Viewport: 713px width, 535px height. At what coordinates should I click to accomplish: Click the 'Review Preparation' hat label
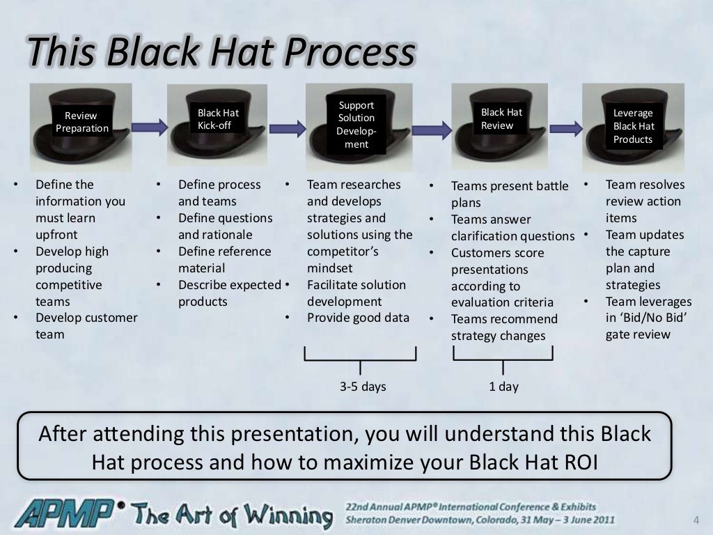point(82,122)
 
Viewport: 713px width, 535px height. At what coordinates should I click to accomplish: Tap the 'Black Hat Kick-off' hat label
point(218,119)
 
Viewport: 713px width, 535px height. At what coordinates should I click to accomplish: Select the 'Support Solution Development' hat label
point(356,125)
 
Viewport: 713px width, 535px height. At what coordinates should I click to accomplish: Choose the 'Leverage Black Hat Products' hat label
point(633,126)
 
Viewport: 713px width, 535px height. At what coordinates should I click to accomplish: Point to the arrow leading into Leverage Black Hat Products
point(566,127)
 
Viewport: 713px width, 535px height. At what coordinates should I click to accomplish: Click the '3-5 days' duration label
point(362,386)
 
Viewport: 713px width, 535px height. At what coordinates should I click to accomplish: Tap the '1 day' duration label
point(503,386)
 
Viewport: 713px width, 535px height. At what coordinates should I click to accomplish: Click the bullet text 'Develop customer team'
point(86,326)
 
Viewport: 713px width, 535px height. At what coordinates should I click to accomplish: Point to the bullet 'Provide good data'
point(358,318)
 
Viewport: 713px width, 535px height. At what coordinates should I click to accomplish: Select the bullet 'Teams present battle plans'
point(509,194)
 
